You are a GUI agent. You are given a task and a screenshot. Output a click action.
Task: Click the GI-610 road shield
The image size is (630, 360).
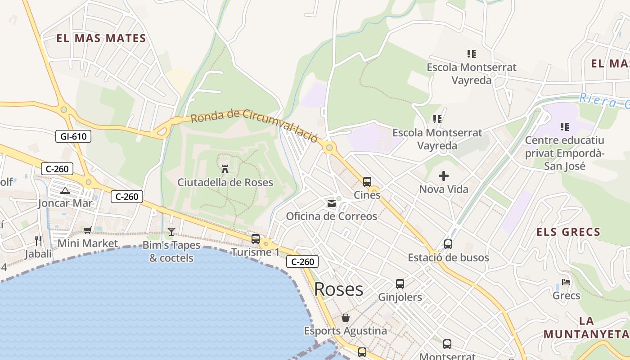tap(73, 136)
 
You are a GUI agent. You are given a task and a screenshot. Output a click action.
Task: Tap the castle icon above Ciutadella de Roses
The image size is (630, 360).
tap(225, 169)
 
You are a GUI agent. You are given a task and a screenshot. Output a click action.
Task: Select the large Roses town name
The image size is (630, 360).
tap(338, 289)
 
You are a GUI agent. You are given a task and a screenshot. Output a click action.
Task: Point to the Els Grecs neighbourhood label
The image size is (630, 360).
tap(568, 232)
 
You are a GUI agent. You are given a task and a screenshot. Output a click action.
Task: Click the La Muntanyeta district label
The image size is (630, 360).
tap(586, 328)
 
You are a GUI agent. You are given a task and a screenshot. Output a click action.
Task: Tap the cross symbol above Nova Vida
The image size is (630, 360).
tap(444, 176)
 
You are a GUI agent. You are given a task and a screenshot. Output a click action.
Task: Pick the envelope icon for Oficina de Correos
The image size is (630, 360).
tap(332, 203)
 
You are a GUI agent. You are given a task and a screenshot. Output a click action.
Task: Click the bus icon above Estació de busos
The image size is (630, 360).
tap(448, 244)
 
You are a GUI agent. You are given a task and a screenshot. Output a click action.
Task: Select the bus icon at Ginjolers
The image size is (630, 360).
tap(400, 284)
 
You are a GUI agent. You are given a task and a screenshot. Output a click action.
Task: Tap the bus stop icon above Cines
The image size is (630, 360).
tap(367, 182)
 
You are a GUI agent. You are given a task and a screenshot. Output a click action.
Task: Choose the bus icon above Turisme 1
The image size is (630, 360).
tap(256, 239)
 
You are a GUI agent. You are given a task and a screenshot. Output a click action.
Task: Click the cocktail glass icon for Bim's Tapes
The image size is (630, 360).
tap(171, 232)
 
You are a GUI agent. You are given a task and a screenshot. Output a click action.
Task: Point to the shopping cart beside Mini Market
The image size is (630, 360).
tap(87, 230)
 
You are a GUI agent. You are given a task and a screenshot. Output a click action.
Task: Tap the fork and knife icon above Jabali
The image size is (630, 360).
tap(38, 241)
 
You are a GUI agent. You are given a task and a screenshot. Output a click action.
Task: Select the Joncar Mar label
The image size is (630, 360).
tap(65, 203)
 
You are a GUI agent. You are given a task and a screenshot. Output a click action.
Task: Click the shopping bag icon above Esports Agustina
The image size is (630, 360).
tap(346, 318)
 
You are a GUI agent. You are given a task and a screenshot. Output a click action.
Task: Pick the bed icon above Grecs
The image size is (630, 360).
tap(566, 282)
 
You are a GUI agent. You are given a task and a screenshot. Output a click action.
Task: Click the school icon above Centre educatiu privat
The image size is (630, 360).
tap(565, 127)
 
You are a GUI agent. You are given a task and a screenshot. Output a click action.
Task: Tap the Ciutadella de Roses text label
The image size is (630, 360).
tap(225, 182)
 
